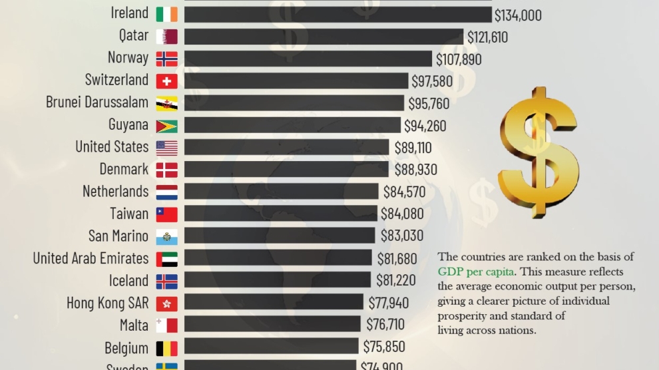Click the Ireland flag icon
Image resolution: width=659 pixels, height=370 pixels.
coord(166,14)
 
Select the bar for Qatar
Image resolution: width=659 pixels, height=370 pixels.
coord(324,37)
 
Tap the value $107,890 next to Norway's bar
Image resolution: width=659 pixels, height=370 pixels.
coord(459,59)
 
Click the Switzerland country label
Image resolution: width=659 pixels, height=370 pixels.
coord(116,80)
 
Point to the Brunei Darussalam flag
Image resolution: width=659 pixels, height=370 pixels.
coord(166,103)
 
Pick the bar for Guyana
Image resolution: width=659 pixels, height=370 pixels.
coord(292,125)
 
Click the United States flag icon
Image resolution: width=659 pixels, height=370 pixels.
coord(166,148)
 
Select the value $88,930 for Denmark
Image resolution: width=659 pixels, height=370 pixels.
coord(415,170)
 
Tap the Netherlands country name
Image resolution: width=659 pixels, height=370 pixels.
coord(115,192)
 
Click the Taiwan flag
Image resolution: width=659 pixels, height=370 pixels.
coord(166,214)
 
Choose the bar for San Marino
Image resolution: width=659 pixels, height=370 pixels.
coord(280,236)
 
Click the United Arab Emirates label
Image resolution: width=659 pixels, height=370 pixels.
coord(91,258)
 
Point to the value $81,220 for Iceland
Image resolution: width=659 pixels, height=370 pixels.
coord(397,280)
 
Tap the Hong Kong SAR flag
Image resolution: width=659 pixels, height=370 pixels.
coord(166,303)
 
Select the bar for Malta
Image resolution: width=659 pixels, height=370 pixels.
coord(273,325)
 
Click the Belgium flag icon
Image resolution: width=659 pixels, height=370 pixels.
coord(166,348)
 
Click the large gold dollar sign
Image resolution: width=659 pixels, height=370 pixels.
coord(538,150)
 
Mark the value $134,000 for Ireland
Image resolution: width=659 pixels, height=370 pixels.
coord(518,15)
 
